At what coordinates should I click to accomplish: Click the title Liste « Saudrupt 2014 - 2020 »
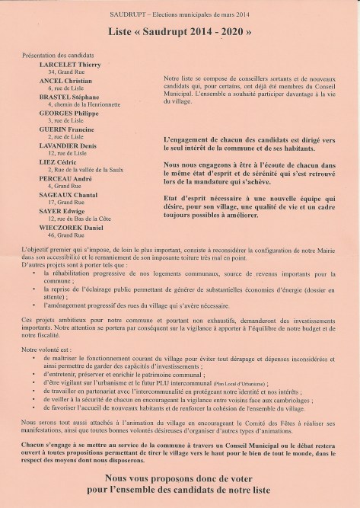click(180, 32)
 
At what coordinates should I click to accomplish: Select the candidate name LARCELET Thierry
click(69, 65)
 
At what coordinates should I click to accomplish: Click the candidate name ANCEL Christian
click(65, 81)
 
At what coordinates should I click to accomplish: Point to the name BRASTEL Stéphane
click(70, 97)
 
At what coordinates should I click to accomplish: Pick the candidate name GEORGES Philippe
click(68, 113)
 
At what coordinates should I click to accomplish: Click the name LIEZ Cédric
click(58, 161)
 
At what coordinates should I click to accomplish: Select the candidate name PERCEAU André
click(65, 177)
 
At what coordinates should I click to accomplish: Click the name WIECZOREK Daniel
click(71, 226)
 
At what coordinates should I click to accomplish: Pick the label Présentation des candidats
click(58, 56)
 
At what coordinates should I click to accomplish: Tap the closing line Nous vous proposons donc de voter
click(180, 480)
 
